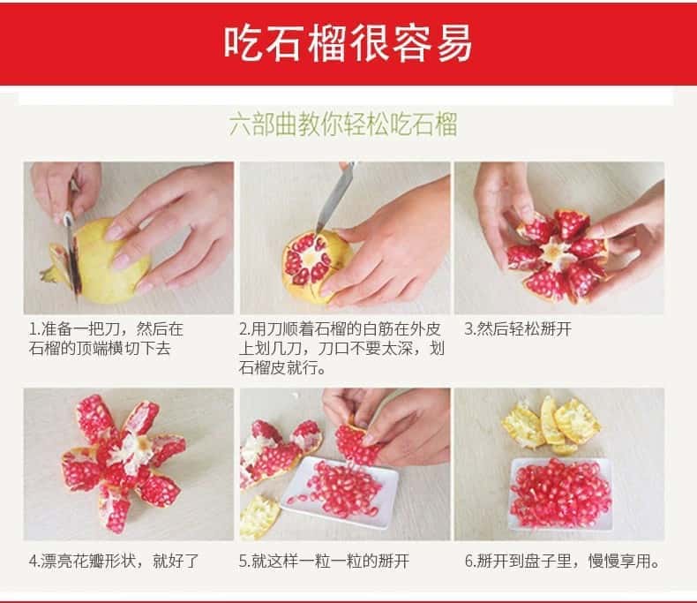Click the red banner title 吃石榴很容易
pyautogui.click(x=348, y=43)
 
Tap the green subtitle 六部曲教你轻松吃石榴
pyautogui.click(x=343, y=124)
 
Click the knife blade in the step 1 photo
pyautogui.click(x=73, y=258)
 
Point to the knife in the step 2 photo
pyautogui.click(x=335, y=197)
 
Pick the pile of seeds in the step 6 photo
pyautogui.click(x=561, y=493)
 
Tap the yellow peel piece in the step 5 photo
pyautogui.click(x=259, y=516)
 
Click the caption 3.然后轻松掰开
pyautogui.click(x=518, y=329)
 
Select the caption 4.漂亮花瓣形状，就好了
pyautogui.click(x=114, y=562)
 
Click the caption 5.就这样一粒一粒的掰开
pyautogui.click(x=324, y=562)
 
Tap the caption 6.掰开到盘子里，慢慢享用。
pyautogui.click(x=562, y=562)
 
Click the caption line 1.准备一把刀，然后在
pyautogui.click(x=106, y=329)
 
